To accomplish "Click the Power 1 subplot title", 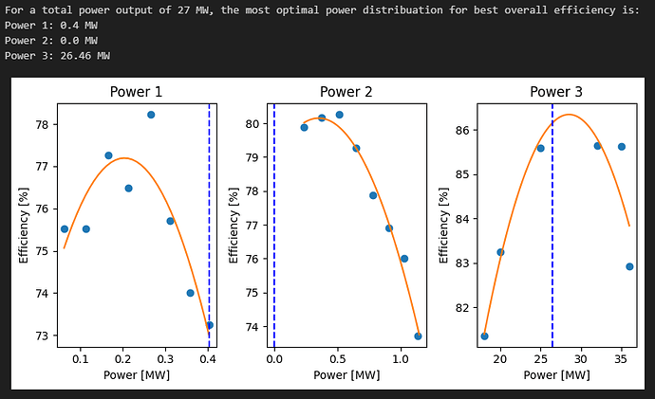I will [136, 92].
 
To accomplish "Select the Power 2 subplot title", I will [346, 92].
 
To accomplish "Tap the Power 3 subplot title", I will [555, 92].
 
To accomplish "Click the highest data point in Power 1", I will [151, 115].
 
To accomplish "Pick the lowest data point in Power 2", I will [418, 336].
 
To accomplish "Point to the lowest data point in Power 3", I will [485, 336].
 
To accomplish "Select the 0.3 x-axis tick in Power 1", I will [166, 361].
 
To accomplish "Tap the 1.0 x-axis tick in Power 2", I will [401, 361].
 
